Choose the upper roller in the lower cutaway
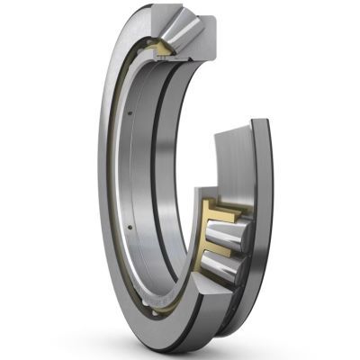(x=230, y=236)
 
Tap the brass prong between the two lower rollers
(x=217, y=249)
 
